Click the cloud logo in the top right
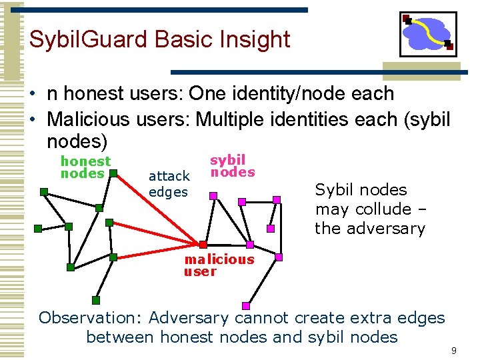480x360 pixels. [427, 34]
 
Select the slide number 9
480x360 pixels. [453, 350]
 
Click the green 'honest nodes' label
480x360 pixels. [85, 167]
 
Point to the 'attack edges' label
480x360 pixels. [169, 184]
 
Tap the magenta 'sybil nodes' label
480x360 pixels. [232, 166]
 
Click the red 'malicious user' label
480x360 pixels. [219, 265]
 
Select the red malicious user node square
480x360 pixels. [203, 244]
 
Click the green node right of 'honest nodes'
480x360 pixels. [113, 174]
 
